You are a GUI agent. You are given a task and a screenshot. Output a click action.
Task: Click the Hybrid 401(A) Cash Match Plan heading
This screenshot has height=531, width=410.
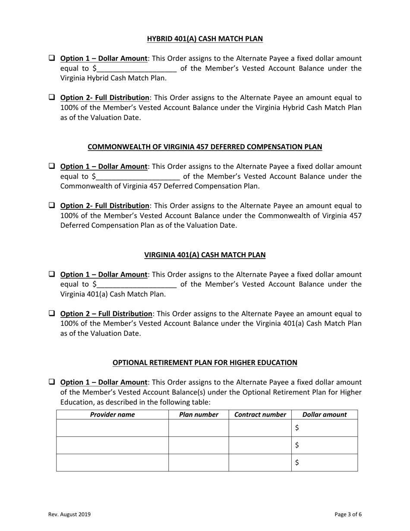[x=205, y=39]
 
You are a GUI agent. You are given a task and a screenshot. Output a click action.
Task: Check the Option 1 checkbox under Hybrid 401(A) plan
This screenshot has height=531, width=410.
[x=51, y=58]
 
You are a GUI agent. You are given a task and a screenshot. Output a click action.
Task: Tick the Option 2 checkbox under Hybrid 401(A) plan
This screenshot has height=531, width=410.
[x=51, y=97]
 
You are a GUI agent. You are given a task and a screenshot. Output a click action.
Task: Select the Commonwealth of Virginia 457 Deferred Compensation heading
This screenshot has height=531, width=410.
[x=205, y=147]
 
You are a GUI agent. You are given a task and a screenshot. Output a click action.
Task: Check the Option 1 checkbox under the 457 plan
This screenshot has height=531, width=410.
[x=51, y=166]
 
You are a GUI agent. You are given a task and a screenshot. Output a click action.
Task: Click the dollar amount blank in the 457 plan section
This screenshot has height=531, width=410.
[x=138, y=177]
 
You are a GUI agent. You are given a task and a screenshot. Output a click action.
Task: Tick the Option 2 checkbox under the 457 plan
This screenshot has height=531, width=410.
[x=51, y=205]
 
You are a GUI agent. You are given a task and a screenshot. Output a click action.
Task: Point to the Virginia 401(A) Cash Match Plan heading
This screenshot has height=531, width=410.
[x=205, y=255]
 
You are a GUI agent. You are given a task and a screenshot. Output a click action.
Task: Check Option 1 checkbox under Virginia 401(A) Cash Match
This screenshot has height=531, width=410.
[x=51, y=274]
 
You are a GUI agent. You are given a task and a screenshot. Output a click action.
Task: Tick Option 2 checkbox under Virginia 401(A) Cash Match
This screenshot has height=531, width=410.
[x=51, y=313]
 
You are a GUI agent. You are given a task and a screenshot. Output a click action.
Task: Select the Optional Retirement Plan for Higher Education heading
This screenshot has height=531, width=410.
[x=205, y=363]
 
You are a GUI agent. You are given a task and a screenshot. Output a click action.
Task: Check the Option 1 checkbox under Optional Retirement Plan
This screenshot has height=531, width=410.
[x=51, y=382]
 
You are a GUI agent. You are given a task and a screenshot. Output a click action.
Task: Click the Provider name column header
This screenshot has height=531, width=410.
[x=112, y=415]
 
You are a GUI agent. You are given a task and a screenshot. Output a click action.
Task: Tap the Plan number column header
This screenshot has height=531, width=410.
[x=199, y=415]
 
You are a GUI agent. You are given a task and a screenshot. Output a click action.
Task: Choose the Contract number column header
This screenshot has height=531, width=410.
[x=260, y=415]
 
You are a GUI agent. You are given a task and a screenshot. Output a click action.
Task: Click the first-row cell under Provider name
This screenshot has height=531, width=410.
[x=112, y=428]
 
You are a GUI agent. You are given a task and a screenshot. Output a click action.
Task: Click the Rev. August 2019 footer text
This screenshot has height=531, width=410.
[x=69, y=514]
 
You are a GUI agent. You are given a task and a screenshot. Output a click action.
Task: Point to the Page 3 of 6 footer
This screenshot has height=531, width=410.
[x=348, y=514]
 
